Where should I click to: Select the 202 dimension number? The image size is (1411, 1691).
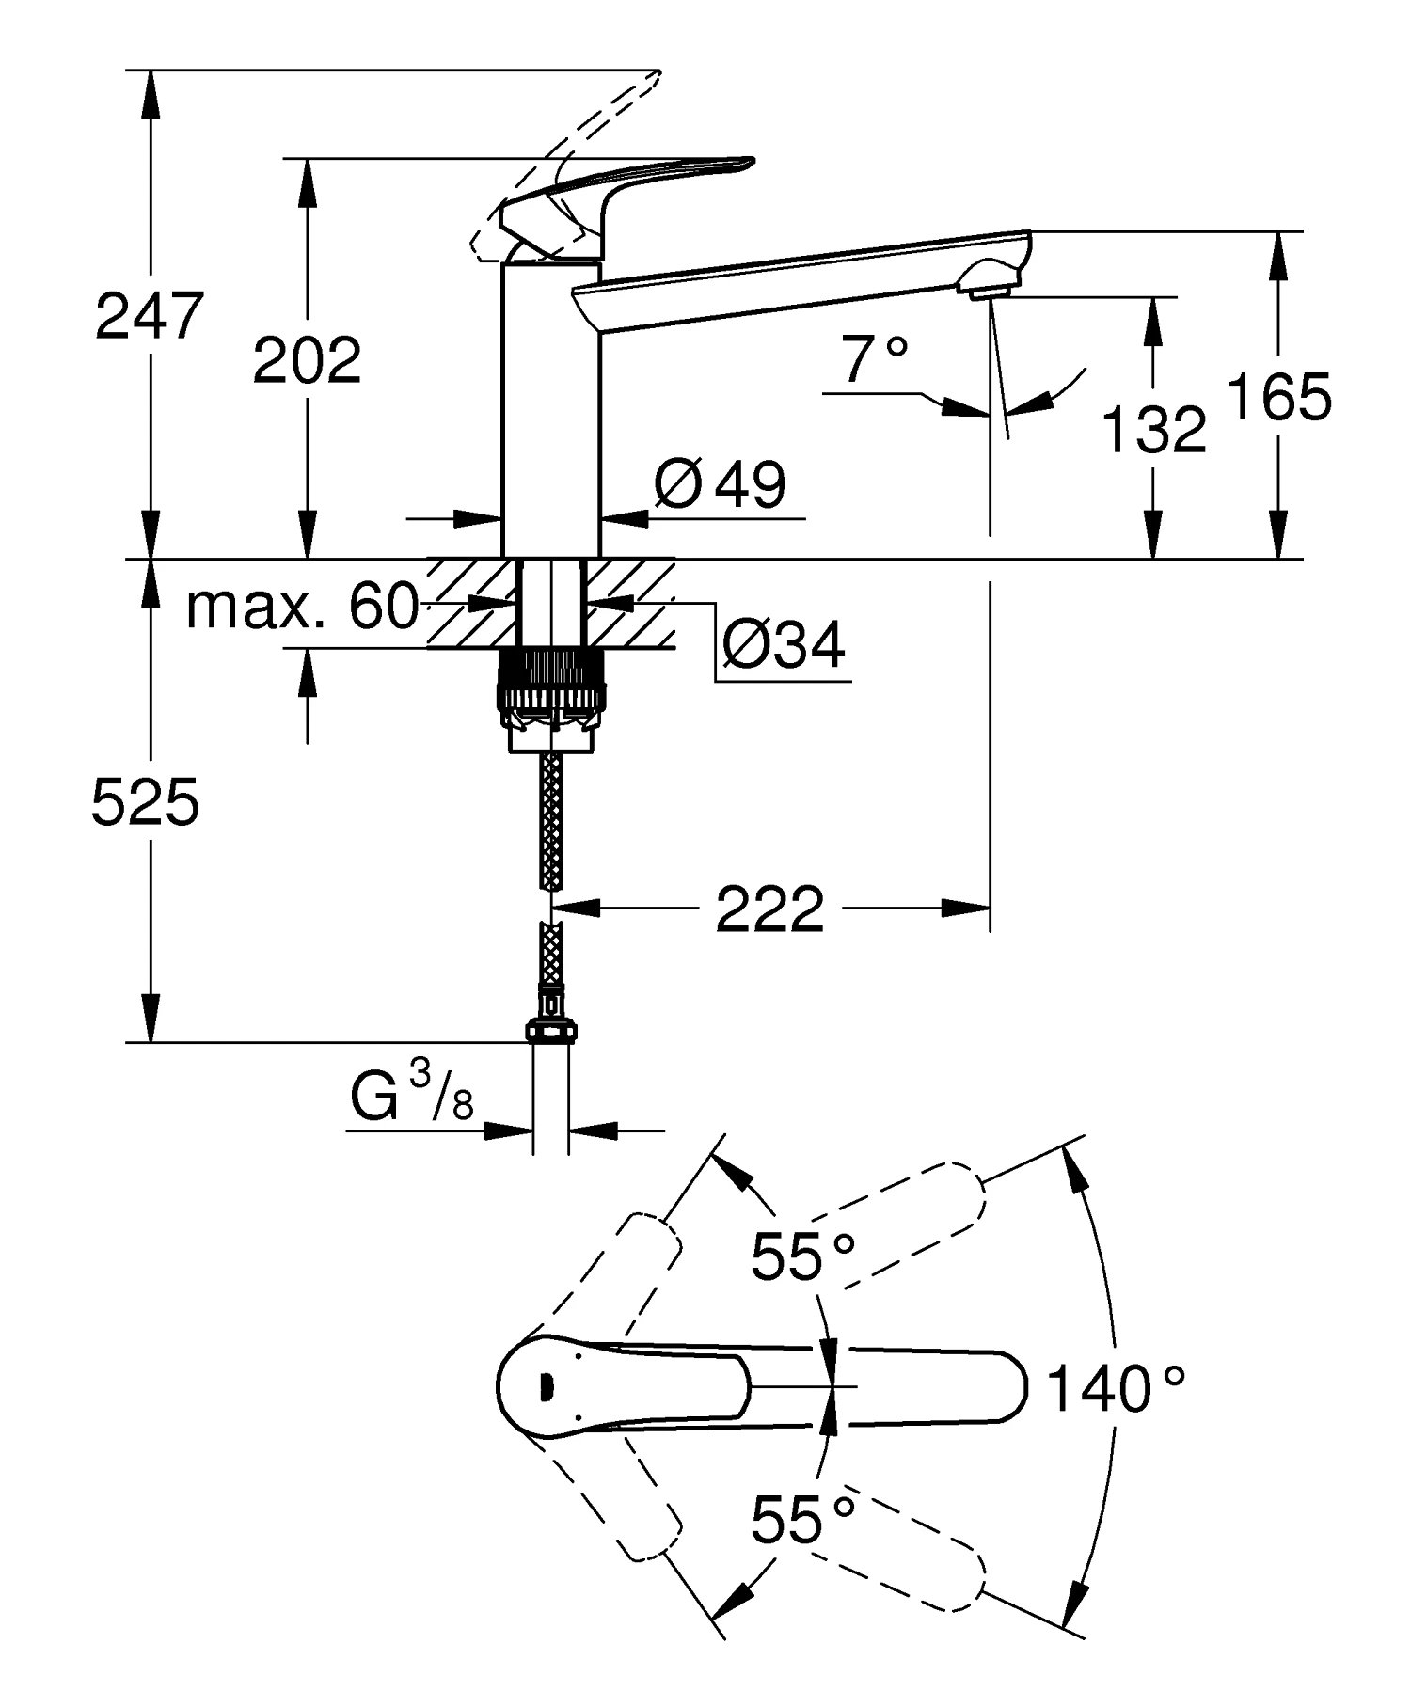click(307, 359)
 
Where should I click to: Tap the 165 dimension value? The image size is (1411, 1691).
click(1280, 396)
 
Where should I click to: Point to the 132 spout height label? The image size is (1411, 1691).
click(1153, 430)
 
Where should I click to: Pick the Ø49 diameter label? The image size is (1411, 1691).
click(720, 484)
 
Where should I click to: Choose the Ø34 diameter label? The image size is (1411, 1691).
click(784, 644)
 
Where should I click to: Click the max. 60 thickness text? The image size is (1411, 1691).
click(302, 607)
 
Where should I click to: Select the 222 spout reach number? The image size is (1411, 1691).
click(769, 909)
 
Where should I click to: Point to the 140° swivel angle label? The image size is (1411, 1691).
click(1115, 1389)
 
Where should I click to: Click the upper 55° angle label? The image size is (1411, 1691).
click(802, 1256)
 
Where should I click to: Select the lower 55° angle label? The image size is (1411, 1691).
click(802, 1519)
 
